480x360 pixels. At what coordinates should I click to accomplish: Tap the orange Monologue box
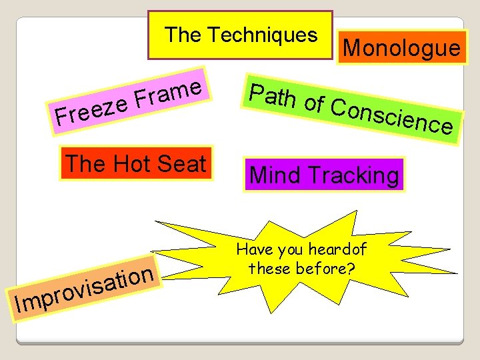[x=401, y=47]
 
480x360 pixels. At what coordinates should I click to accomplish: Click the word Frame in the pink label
[x=167, y=93]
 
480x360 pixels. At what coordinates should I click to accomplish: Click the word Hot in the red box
[x=137, y=163]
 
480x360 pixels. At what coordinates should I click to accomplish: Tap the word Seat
[x=183, y=163]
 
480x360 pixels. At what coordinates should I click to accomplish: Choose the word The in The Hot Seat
[x=83, y=163]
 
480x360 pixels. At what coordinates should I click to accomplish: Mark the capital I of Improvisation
[x=18, y=305]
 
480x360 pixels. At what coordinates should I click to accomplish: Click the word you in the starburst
[x=289, y=251]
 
